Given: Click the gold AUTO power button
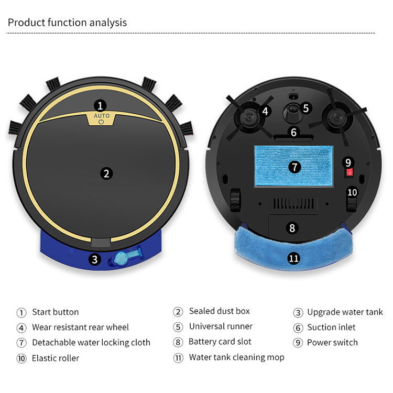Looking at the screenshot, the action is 101,118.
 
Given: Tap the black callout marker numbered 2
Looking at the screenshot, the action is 106,173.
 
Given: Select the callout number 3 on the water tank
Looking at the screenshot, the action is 94,259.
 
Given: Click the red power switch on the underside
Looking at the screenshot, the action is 350,172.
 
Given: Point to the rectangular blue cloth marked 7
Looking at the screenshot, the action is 293,166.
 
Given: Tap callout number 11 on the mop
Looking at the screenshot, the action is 293,258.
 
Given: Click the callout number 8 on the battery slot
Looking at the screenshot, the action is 292,228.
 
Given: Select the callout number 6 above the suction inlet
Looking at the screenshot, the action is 293,132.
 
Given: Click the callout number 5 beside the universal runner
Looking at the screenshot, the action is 305,108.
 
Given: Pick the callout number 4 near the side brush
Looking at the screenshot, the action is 265,111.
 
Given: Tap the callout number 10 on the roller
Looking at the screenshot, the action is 352,192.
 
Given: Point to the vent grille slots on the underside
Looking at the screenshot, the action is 293,203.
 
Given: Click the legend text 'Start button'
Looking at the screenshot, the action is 56,312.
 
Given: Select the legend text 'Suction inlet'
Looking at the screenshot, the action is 331,327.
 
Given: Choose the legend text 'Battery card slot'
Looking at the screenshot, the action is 220,342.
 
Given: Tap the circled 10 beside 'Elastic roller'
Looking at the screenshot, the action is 21,358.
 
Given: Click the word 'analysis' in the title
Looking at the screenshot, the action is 108,23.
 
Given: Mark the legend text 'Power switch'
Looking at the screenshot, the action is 332,342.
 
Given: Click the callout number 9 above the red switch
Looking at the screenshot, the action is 348,162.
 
